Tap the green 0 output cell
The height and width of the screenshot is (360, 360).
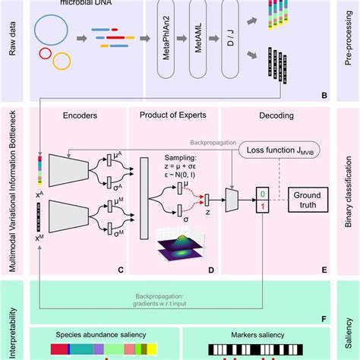[x=261, y=193]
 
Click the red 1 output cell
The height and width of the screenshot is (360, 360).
[x=261, y=206]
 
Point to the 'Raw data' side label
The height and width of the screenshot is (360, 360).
[x=13, y=50]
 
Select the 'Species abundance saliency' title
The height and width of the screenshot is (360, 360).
[x=90, y=333]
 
